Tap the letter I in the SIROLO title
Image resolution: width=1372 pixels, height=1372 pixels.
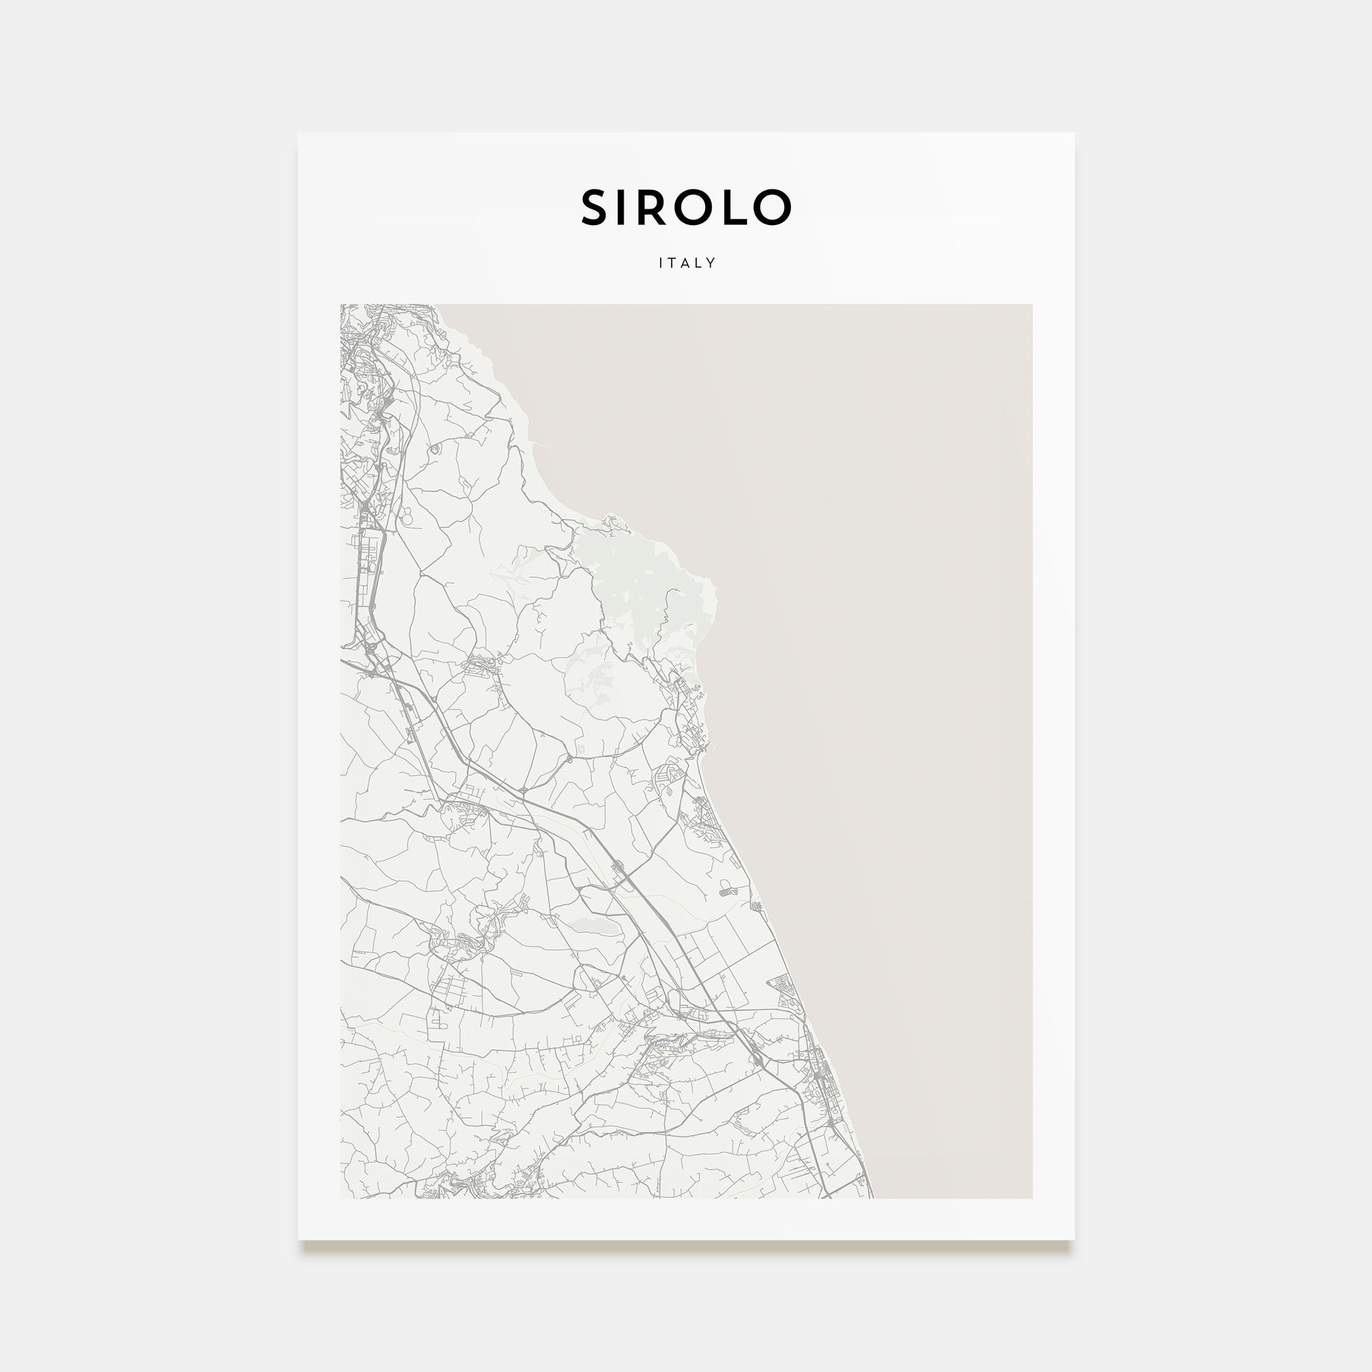tap(624, 207)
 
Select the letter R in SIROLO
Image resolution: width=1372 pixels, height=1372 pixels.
tap(653, 207)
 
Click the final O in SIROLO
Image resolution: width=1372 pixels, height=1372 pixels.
tap(770, 207)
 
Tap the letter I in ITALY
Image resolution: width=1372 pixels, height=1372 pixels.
tap(661, 263)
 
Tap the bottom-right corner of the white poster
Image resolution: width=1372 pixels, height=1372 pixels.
tap(1074, 1240)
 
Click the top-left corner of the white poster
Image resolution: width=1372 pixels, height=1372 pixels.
tap(298, 134)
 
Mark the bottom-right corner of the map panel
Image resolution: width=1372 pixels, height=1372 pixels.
tap(1032, 1197)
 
